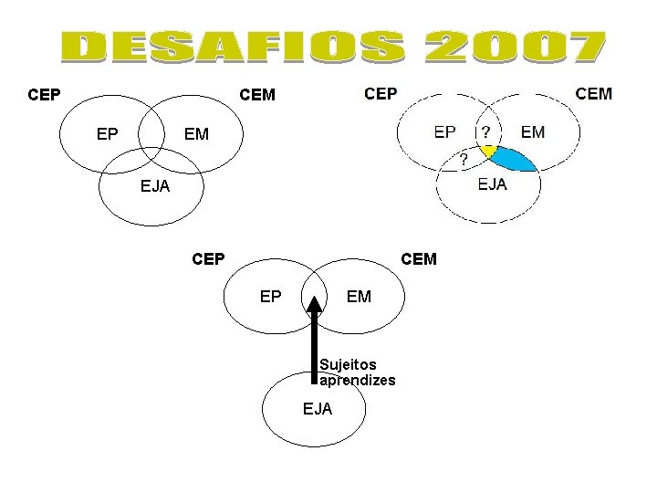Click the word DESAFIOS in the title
(235, 48)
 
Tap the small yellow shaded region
(488, 151)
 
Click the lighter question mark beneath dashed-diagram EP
(464, 160)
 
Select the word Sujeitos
(348, 364)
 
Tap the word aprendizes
(358, 380)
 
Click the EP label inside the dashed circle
(445, 132)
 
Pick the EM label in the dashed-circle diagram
(533, 132)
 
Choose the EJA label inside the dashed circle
(493, 185)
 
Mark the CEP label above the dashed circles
(381, 93)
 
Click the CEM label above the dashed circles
(594, 93)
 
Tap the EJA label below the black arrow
(318, 409)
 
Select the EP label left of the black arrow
(271, 297)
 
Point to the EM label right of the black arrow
(360, 297)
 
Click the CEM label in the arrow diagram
(419, 259)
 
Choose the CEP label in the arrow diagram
(209, 259)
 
